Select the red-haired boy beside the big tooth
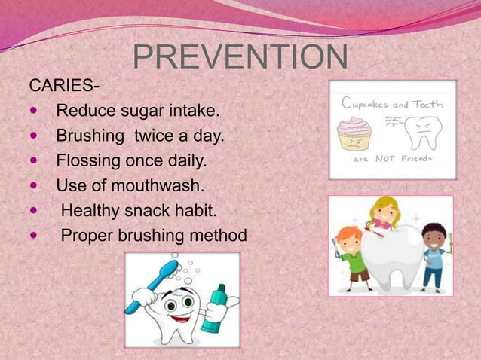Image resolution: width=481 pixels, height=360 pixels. (x=354, y=249)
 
